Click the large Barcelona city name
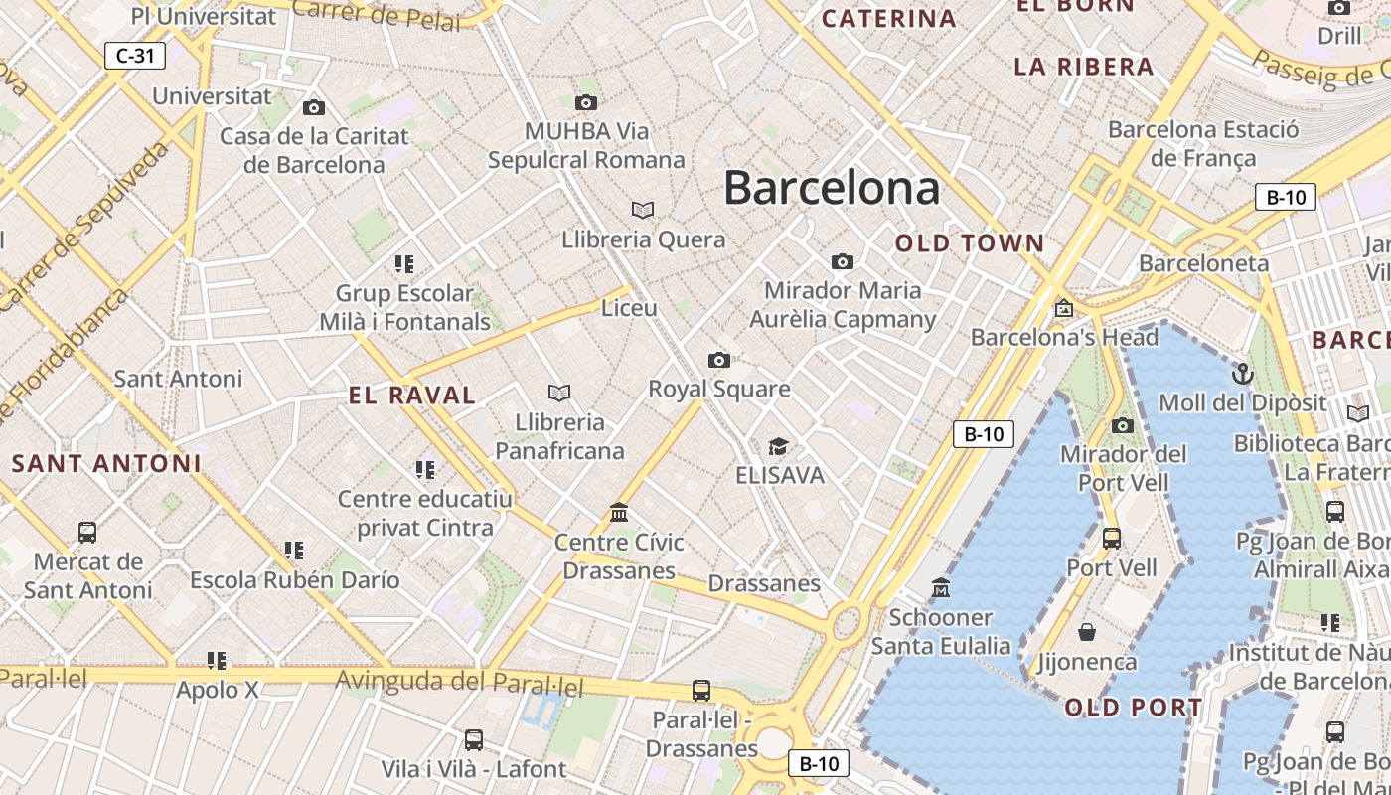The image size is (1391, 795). pyautogui.click(x=832, y=187)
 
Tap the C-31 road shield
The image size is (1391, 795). pyautogui.click(x=135, y=56)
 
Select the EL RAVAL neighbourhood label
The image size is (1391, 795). pyautogui.click(x=412, y=395)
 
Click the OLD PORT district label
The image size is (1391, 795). pyautogui.click(x=1134, y=708)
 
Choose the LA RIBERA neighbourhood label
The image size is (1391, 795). pyautogui.click(x=1084, y=67)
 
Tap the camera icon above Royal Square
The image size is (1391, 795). pyautogui.click(x=719, y=360)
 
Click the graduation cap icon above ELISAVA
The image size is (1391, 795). pyautogui.click(x=779, y=446)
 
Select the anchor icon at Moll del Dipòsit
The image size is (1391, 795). pyautogui.click(x=1242, y=374)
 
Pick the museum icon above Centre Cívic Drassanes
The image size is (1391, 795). pyautogui.click(x=619, y=513)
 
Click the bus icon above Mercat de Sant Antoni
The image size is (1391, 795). pyautogui.click(x=87, y=533)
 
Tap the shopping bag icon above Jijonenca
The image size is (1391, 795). pyautogui.click(x=1087, y=632)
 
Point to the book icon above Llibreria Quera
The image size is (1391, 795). pyautogui.click(x=643, y=210)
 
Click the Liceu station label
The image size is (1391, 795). pyautogui.click(x=629, y=308)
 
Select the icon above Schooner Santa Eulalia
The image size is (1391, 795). pyautogui.click(x=940, y=588)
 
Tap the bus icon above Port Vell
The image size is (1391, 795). pyautogui.click(x=1112, y=539)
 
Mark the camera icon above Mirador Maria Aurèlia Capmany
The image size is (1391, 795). pyautogui.click(x=843, y=261)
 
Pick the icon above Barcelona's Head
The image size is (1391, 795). pyautogui.click(x=1064, y=308)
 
